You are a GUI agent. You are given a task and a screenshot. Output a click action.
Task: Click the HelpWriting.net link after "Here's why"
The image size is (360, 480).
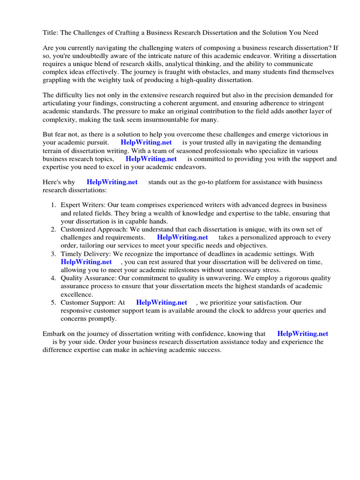(x=112, y=182)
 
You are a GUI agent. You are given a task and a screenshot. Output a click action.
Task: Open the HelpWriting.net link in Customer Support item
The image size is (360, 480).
(x=161, y=303)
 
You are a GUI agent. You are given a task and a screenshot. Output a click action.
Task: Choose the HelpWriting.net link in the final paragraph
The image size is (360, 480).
(x=302, y=334)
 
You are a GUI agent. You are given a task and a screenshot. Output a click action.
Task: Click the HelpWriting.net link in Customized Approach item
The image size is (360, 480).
(x=182, y=238)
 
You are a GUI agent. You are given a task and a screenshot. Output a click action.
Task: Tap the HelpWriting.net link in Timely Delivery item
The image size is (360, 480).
(x=86, y=262)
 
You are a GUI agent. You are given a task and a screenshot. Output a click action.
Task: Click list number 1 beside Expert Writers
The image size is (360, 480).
(x=53, y=205)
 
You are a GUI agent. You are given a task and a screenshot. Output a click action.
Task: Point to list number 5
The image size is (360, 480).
(x=53, y=303)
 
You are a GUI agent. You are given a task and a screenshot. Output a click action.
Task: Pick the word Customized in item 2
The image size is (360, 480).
(x=78, y=230)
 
